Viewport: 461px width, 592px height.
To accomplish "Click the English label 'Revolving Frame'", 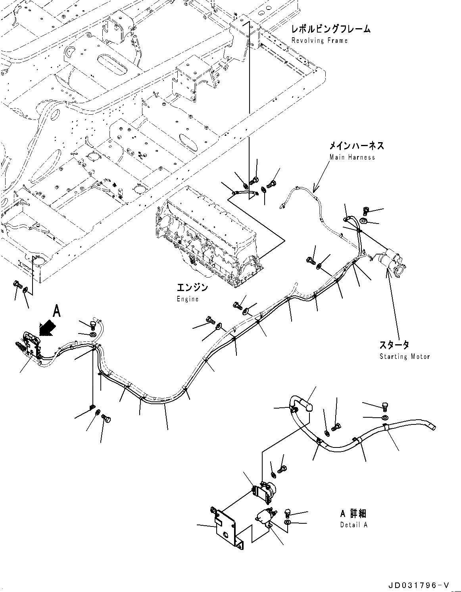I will (x=319, y=40).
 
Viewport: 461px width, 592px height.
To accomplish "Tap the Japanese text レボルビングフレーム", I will (x=330, y=29).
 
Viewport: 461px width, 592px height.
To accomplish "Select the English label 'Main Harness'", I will (x=352, y=157).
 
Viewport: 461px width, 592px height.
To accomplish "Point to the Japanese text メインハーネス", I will (x=356, y=146).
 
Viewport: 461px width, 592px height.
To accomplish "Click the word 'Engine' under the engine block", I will (x=187, y=299).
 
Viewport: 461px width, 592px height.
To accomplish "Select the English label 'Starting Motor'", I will (x=404, y=357).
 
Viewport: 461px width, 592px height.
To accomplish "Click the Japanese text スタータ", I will (x=394, y=345).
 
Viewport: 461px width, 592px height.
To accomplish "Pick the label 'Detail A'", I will (x=353, y=525).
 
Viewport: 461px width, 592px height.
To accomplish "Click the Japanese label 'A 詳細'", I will (x=353, y=514).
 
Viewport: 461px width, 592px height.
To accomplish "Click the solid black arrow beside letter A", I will (x=47, y=328).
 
